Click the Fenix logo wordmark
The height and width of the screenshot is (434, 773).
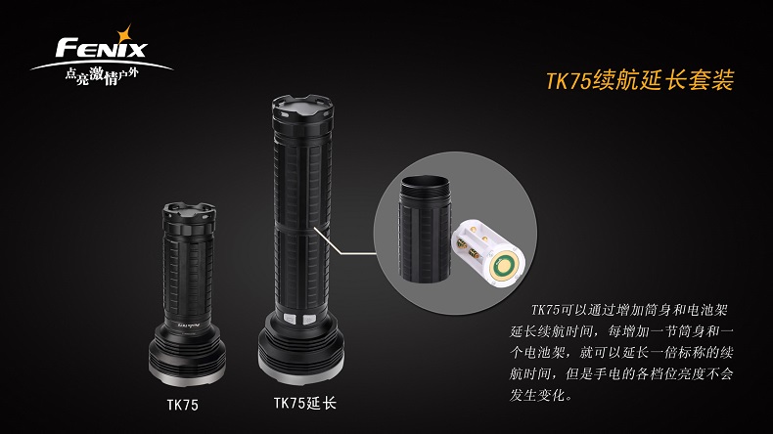pyautogui.click(x=102, y=48)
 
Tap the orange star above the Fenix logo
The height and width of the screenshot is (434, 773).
pyautogui.click(x=123, y=35)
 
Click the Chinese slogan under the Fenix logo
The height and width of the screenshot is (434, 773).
pyautogui.click(x=102, y=76)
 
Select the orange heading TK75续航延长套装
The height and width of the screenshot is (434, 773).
pyautogui.click(x=640, y=80)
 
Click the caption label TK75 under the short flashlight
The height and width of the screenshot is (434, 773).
pyautogui.click(x=182, y=405)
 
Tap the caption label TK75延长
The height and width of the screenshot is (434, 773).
pyautogui.click(x=305, y=404)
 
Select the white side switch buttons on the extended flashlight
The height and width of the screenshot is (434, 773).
pyautogui.click(x=298, y=320)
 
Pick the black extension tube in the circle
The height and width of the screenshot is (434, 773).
pyautogui.click(x=425, y=230)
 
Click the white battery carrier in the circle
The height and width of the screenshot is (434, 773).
pyautogui.click(x=488, y=253)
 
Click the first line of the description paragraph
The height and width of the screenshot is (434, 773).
pyautogui.click(x=629, y=310)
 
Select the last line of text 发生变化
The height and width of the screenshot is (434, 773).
pyautogui.click(x=541, y=395)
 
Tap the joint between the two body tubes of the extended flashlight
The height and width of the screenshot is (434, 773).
pyautogui.click(x=301, y=228)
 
